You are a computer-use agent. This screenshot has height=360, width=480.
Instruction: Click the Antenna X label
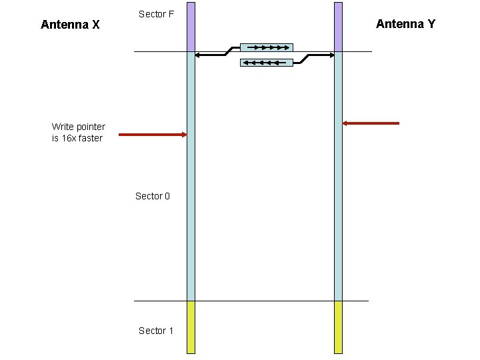[x=70, y=25]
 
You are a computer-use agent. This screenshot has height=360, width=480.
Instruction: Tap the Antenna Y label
[x=405, y=24]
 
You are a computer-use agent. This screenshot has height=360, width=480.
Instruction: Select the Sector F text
[x=156, y=14]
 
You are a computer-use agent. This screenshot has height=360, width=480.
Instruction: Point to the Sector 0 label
[x=153, y=196]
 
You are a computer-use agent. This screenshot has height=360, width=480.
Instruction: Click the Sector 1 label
[x=156, y=331]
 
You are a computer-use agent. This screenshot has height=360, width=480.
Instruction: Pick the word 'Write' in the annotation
[x=63, y=127]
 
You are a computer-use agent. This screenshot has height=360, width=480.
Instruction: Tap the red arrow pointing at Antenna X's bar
[x=153, y=135]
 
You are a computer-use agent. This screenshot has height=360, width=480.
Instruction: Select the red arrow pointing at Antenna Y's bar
[x=371, y=123]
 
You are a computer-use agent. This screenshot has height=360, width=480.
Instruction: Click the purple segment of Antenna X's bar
[x=191, y=27]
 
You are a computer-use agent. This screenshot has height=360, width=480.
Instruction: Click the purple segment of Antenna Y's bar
[x=338, y=27]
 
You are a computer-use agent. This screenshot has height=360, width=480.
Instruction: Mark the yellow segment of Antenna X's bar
[x=191, y=327]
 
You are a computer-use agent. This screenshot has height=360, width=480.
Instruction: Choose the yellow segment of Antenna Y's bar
[x=338, y=327]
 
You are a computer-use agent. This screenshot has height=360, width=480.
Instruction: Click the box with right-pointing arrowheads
[x=266, y=48]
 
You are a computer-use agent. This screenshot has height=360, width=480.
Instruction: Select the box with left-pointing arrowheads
[x=266, y=63]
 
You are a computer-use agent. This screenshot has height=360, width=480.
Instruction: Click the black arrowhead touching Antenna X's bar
[x=199, y=55]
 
